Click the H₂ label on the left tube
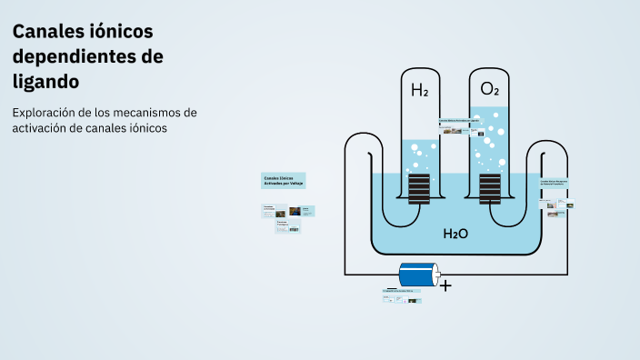pos(419,90)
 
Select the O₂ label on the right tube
pos(489,89)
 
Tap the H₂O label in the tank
pos(455,235)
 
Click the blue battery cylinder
pos(419,274)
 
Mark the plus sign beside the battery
pos(445,285)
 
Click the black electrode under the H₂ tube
pos(419,190)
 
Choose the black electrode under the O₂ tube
pos(489,190)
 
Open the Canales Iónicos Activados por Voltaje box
pos(283,181)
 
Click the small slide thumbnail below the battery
pos(402,295)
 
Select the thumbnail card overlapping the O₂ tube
pos(458,126)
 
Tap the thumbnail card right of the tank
pos(555,193)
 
